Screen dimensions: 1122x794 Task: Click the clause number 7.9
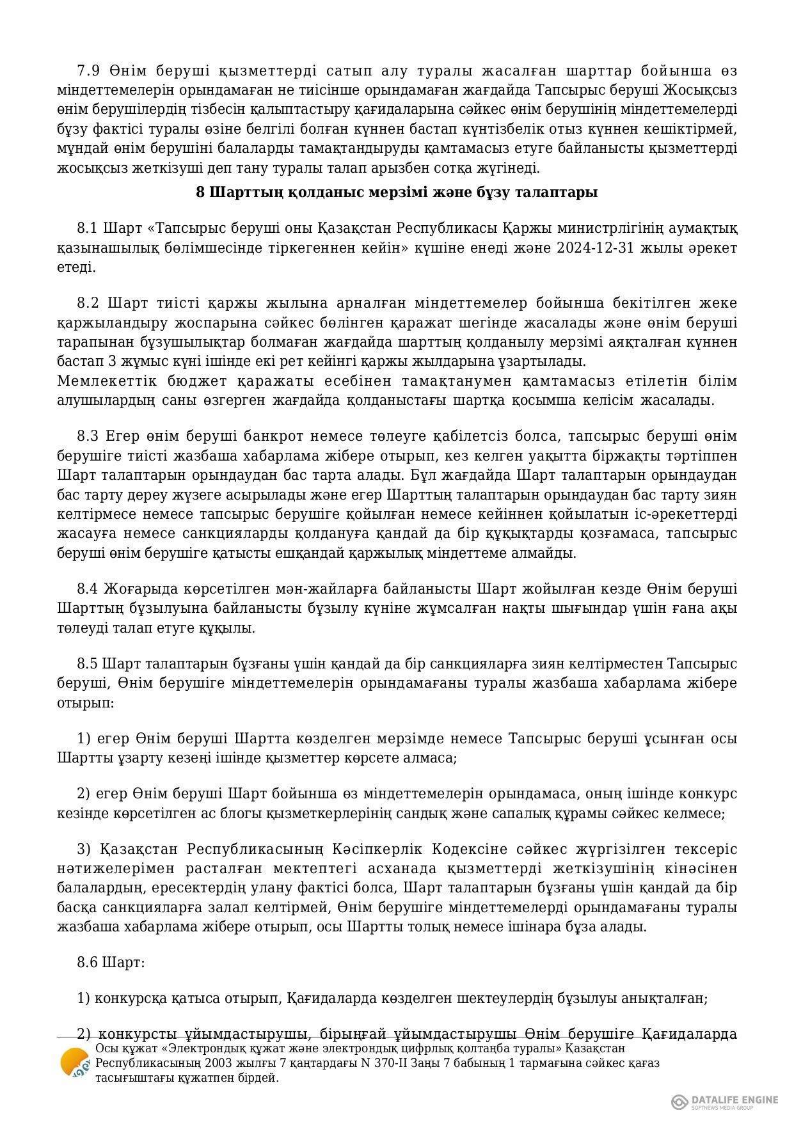87,70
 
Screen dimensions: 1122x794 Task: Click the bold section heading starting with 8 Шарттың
397,193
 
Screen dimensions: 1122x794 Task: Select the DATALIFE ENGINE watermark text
734,1100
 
